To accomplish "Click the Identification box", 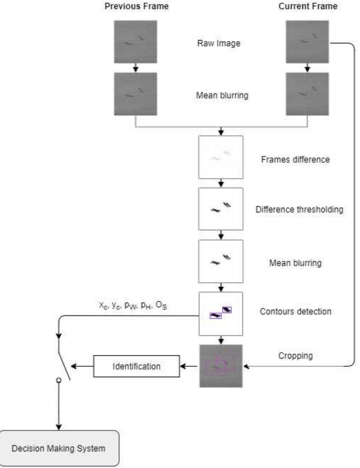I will pos(136,366).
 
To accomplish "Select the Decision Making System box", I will pos(59,448).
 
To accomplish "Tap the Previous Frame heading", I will pos(136,6).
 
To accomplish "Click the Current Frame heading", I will pos(308,6).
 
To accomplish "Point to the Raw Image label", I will pos(219,43).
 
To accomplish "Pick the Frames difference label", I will pos(295,159).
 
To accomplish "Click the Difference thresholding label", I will pos(299,209).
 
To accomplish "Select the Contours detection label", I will pos(295,311).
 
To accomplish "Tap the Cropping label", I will pos(295,356).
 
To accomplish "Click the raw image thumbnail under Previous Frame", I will pos(135,42).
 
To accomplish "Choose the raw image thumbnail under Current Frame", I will pos(307,42).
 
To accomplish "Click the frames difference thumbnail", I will pos(221,157).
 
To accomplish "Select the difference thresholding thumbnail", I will pos(221,209).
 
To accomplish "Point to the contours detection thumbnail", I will pos(221,314).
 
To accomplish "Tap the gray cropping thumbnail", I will pos(221,366).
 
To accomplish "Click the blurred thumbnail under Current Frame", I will pos(307,94).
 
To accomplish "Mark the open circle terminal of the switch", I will pos(59,380).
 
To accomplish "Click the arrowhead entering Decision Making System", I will pos(59,427).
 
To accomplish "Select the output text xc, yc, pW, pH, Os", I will pos(133,305).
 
